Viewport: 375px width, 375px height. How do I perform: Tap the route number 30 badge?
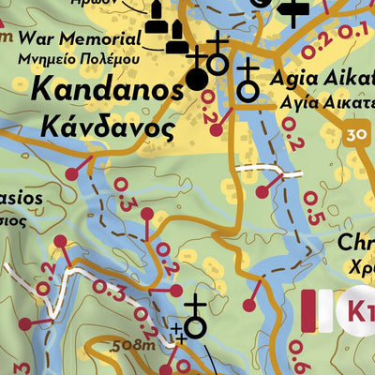(x=354, y=133)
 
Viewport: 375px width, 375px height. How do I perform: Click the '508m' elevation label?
(x=131, y=345)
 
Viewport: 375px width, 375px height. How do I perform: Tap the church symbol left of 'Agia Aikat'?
(x=248, y=84)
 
